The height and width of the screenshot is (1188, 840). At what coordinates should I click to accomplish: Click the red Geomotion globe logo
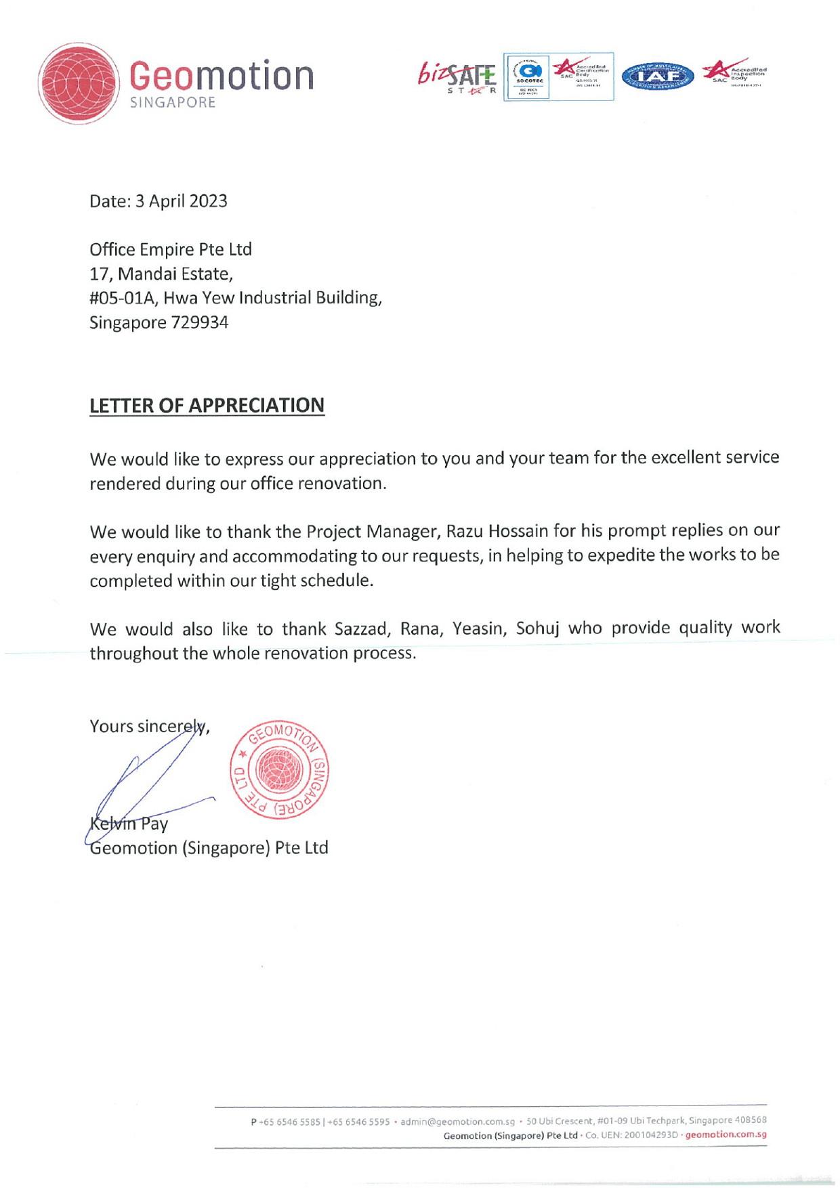click(x=79, y=83)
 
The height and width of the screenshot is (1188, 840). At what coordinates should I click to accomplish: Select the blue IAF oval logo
click(x=657, y=77)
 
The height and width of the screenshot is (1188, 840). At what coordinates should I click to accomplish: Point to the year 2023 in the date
click(x=208, y=201)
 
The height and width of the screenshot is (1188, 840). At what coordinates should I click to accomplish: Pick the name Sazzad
click(x=362, y=629)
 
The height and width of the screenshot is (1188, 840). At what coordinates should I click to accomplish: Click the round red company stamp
click(x=279, y=769)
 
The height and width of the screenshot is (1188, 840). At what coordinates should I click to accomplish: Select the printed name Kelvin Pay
click(x=129, y=824)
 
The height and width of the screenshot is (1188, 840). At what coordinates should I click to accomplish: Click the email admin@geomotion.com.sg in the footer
click(x=457, y=1122)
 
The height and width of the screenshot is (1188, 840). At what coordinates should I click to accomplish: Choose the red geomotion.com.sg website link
click(x=726, y=1134)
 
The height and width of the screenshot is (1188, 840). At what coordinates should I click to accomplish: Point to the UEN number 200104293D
click(x=650, y=1134)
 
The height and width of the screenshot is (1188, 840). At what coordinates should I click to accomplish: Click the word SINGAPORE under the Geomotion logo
click(x=173, y=102)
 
